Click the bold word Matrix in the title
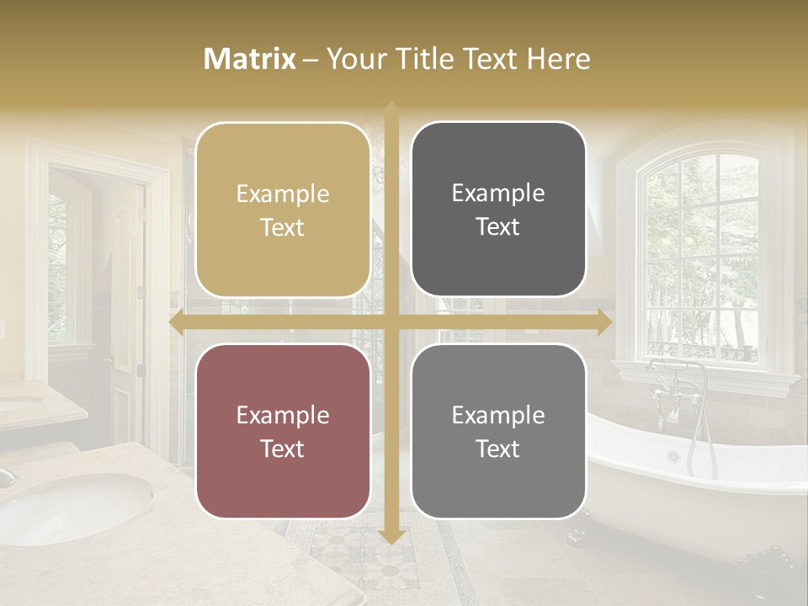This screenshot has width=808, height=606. click(x=250, y=59)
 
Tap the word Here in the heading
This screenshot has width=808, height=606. click(x=558, y=59)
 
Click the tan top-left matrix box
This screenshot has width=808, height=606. click(x=283, y=210)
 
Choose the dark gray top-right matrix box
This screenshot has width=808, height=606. click(x=498, y=210)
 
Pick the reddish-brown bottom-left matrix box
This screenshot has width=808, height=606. click(x=283, y=431)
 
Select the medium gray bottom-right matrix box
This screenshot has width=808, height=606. click(x=498, y=431)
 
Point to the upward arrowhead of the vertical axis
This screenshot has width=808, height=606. click(x=391, y=109)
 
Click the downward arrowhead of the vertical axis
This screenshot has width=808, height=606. click(x=391, y=536)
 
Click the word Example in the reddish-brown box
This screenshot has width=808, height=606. click(x=283, y=416)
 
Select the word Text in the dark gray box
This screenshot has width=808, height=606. click(x=498, y=226)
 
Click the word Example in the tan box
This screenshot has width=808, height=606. click(x=283, y=194)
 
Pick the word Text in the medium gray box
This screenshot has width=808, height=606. click(x=498, y=449)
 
